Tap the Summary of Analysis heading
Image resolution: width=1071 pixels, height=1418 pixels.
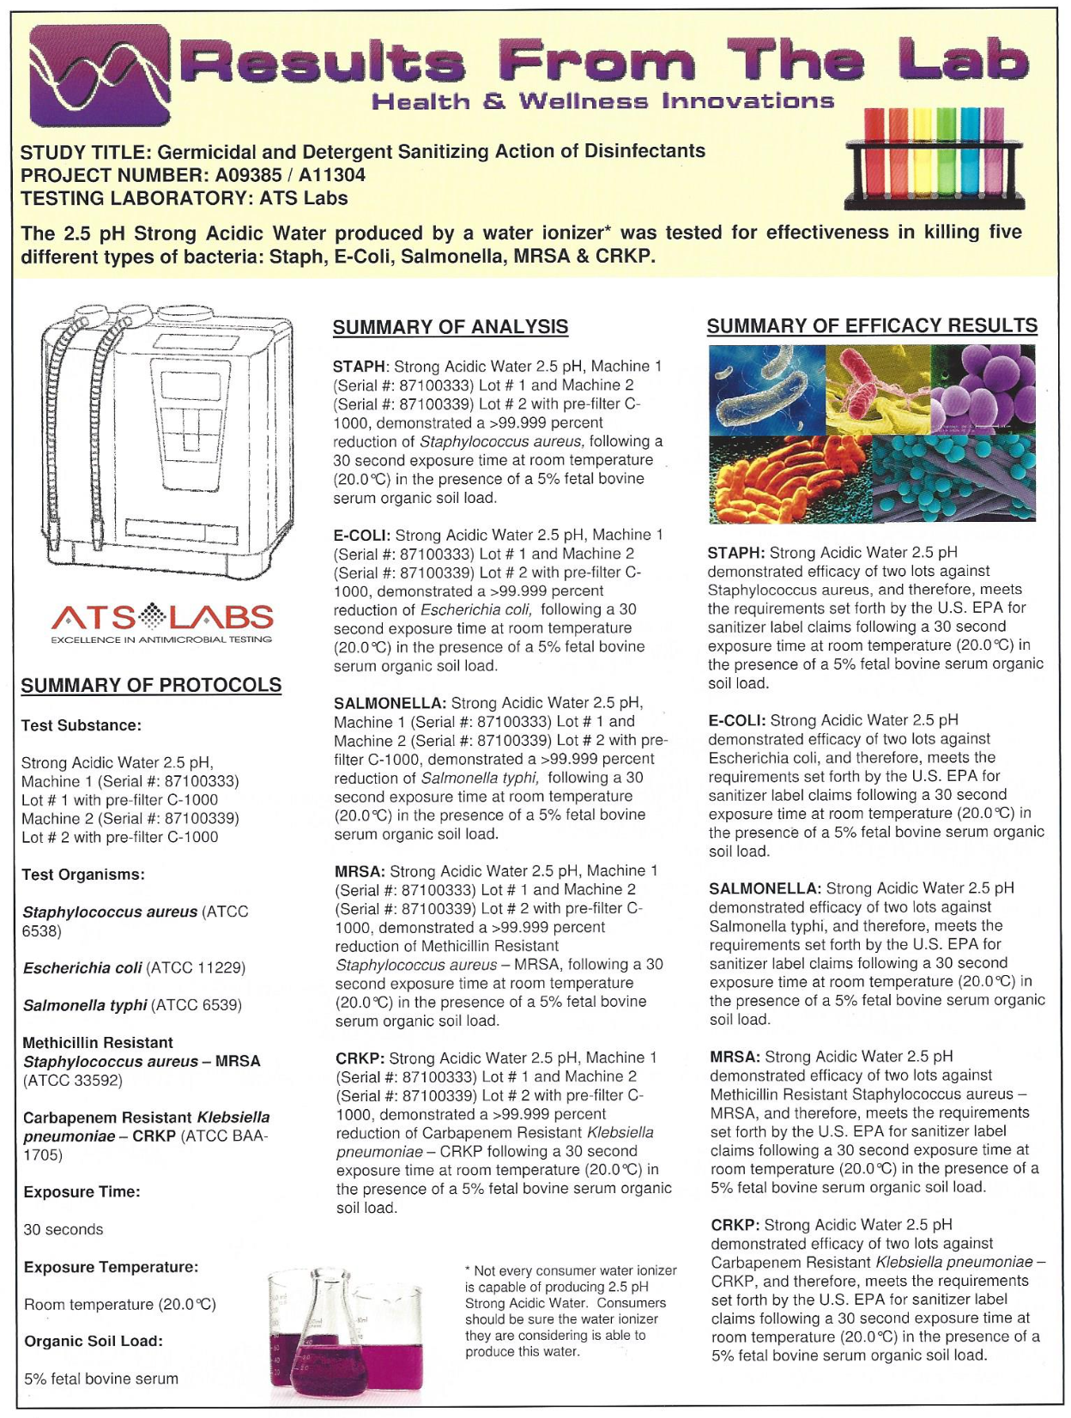(x=450, y=327)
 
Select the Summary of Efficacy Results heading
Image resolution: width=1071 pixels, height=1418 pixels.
(x=871, y=325)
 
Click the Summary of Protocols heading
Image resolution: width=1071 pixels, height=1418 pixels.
(x=151, y=685)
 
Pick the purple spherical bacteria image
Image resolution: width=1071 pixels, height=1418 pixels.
(x=983, y=388)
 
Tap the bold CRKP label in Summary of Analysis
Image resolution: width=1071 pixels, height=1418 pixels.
(x=360, y=1058)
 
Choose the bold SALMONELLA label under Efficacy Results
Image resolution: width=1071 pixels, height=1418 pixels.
(x=765, y=888)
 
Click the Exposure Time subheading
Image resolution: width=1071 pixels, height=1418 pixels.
(x=82, y=1192)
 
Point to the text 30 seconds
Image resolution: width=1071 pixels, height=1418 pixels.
(x=64, y=1230)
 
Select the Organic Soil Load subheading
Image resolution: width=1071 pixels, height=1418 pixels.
(x=93, y=1342)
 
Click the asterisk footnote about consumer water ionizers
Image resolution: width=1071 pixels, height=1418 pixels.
(x=570, y=1311)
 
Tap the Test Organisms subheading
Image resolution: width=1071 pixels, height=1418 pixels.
(x=83, y=875)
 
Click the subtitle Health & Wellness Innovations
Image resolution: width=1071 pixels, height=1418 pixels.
(x=602, y=101)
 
